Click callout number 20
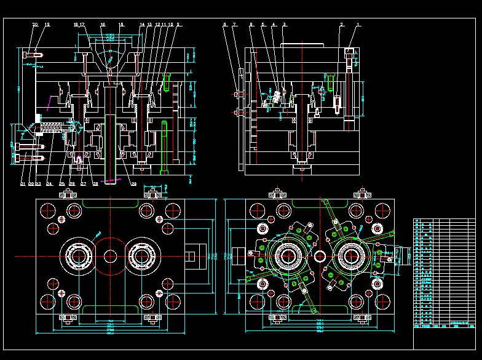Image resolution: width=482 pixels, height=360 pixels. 35,25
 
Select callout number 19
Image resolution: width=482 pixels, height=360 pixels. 47,25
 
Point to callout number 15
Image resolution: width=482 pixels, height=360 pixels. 121,25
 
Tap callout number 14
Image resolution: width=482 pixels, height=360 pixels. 142,25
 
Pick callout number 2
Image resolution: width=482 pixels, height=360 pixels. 341,25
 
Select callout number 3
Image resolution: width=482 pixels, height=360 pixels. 285,25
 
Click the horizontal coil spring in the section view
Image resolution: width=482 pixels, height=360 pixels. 52,129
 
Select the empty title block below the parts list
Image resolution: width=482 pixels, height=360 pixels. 443,338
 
